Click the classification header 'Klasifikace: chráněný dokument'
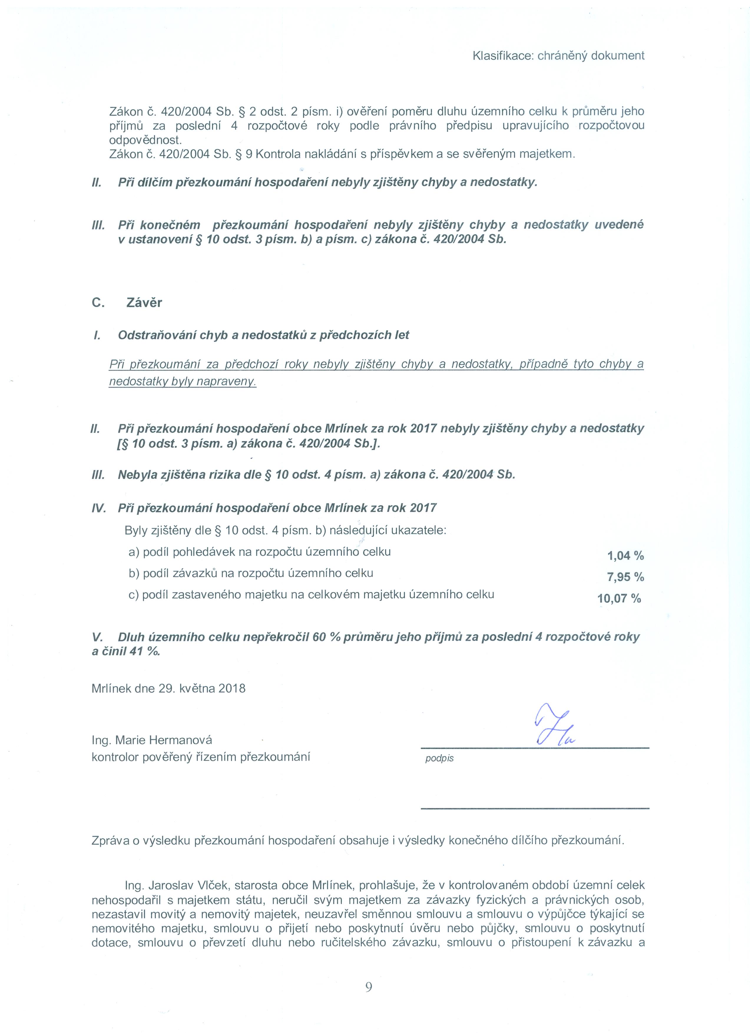click(558, 56)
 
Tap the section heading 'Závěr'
click(144, 303)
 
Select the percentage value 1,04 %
click(625, 556)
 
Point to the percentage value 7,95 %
click(625, 577)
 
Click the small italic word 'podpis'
click(439, 759)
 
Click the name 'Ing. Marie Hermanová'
click(152, 740)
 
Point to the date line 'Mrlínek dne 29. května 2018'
click(168, 688)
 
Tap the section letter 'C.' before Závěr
click(98, 303)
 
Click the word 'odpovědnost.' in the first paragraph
click(145, 140)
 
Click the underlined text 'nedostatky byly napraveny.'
click(183, 382)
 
